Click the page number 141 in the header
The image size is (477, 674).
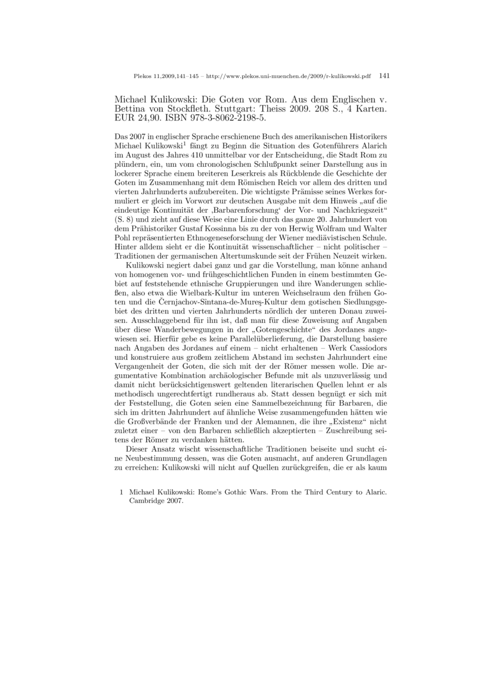[384, 76]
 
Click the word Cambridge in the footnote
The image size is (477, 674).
[149, 501]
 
